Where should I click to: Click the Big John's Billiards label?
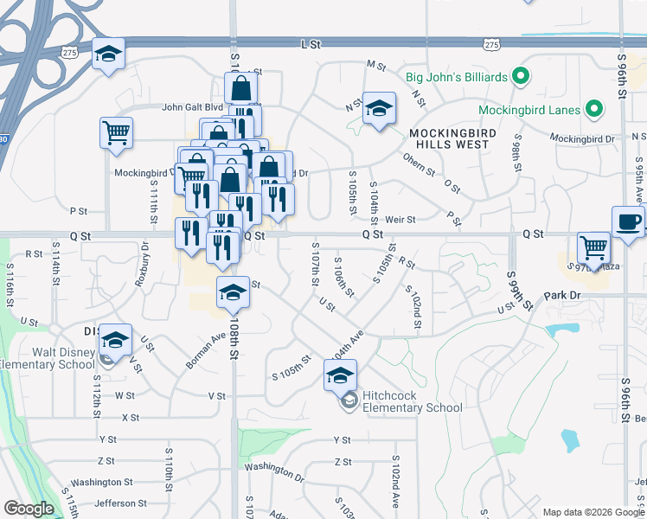[x=457, y=78]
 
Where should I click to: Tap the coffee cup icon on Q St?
[x=629, y=222]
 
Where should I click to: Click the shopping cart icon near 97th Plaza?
[x=593, y=247]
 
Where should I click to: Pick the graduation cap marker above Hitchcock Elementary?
[x=341, y=375]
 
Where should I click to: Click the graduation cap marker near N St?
[x=379, y=108]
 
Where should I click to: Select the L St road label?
[x=305, y=42]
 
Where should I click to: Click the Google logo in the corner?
[x=29, y=509]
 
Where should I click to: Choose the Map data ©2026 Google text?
[x=592, y=512]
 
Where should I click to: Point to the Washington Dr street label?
[x=274, y=471]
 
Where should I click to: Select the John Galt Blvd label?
[x=193, y=108]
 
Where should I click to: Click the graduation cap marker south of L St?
[x=109, y=54]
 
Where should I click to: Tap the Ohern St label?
[x=419, y=164]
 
